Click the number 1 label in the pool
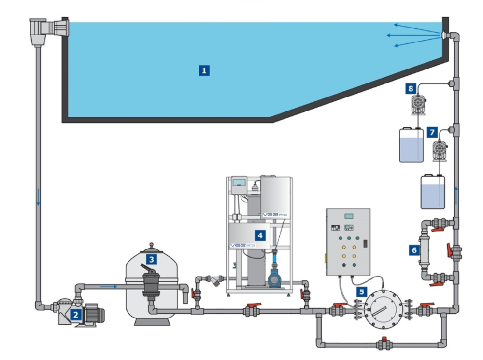point(204,70)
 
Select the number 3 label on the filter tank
point(152,259)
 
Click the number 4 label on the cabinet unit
point(260,235)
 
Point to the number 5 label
point(361,291)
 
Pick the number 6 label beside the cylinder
point(414,249)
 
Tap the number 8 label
point(411,88)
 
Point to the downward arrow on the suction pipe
point(38,198)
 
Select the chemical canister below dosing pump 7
point(432,192)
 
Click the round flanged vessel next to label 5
point(382,308)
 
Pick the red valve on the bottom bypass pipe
point(384,343)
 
